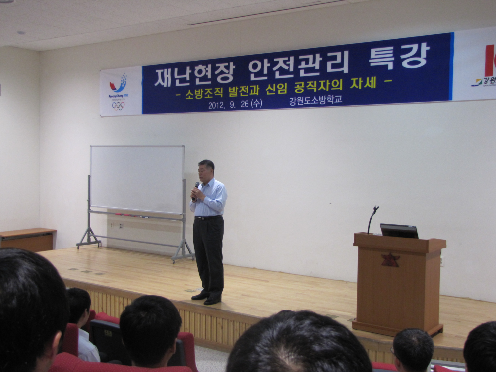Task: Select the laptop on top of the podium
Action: coord(399,231)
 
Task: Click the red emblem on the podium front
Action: coord(390,260)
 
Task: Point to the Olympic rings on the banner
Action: coord(118,105)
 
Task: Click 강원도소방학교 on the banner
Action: coord(315,100)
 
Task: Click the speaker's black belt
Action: coord(208,217)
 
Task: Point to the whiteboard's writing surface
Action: coord(137,179)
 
